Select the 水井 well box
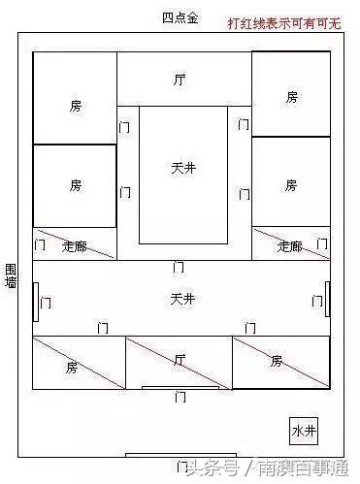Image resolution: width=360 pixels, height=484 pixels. click(303, 429)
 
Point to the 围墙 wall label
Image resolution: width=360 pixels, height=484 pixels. click(11, 274)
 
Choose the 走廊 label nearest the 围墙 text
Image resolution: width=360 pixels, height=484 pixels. click(74, 247)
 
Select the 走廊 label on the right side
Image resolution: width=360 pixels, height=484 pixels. click(288, 246)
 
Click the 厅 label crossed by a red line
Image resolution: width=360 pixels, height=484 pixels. click(179, 360)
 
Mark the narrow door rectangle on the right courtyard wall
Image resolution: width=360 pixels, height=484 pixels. click(328, 298)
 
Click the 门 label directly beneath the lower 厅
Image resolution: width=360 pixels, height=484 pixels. click(180, 397)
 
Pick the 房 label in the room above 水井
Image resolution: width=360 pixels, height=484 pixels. click(277, 361)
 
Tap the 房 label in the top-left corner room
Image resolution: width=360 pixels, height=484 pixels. click(76, 105)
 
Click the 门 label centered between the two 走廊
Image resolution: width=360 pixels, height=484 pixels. click(179, 266)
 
